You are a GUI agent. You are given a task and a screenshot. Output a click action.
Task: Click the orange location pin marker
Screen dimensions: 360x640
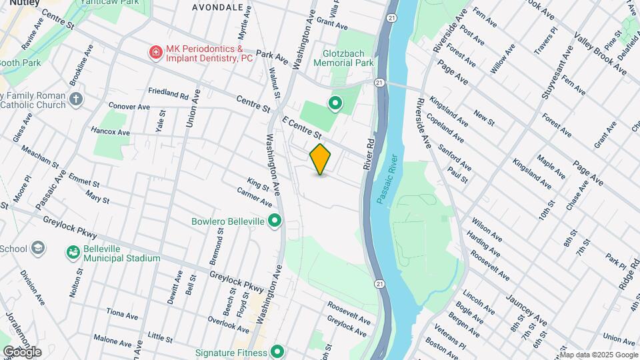pos(321,159)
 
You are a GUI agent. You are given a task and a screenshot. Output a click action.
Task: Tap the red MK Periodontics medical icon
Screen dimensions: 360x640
pos(156,51)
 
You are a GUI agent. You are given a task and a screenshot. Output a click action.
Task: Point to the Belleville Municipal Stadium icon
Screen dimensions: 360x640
pos(73,253)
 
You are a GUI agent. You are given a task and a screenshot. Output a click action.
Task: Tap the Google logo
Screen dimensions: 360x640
pos(22,351)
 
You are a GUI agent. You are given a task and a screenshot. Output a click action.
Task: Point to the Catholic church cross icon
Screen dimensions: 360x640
pos(76,100)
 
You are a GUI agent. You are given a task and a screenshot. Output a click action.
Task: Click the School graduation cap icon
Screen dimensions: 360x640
pos(38,249)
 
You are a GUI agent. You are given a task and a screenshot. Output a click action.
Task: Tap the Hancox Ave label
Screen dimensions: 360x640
pos(110,132)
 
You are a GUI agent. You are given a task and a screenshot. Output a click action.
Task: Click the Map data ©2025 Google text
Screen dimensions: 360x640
pos(599,355)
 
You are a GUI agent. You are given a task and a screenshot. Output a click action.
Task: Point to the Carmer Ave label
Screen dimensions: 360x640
pos(254,197)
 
